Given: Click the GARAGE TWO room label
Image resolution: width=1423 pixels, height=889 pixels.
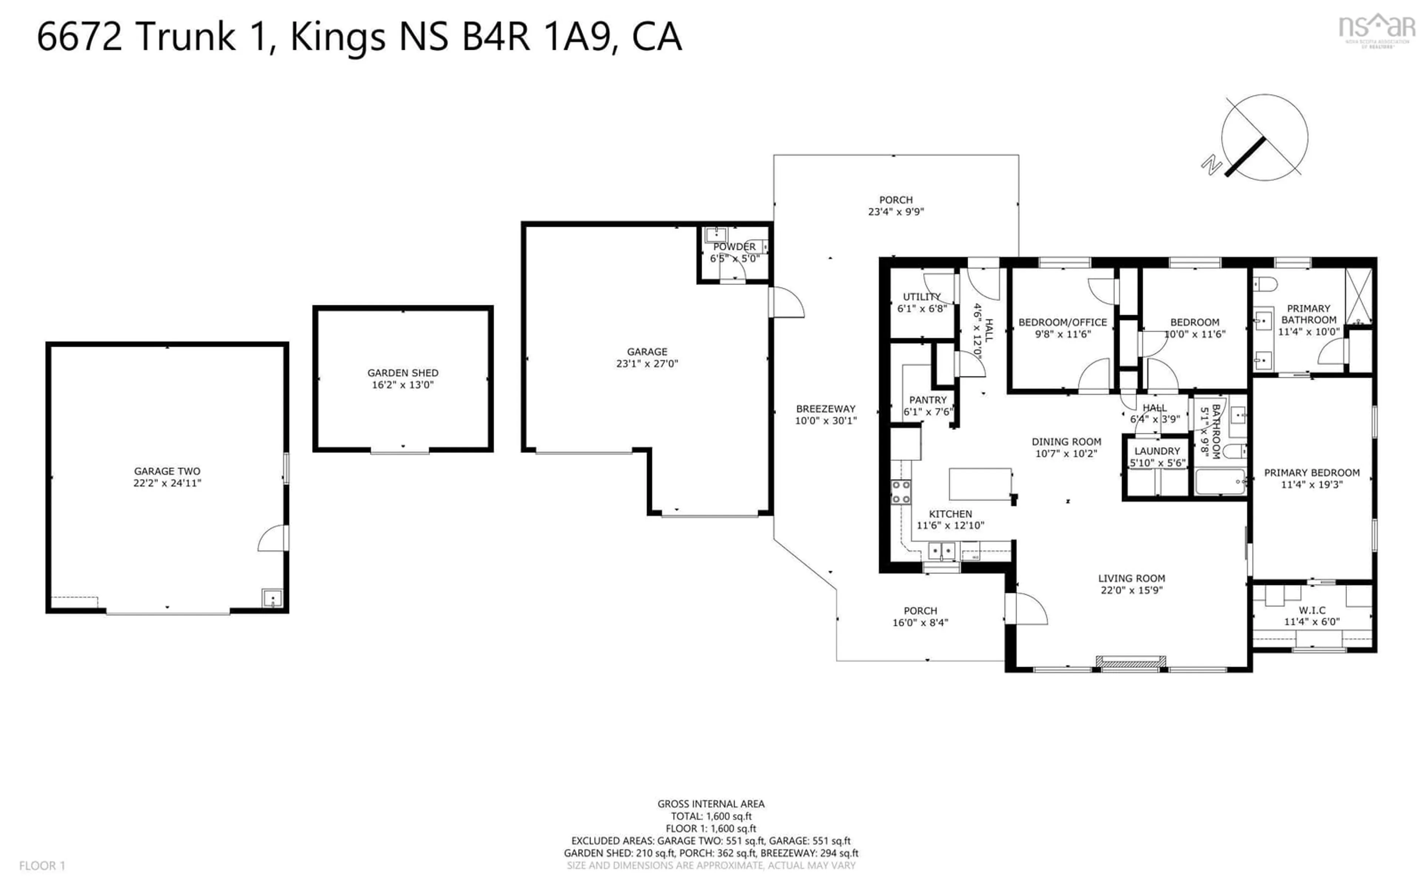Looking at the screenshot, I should [x=167, y=471].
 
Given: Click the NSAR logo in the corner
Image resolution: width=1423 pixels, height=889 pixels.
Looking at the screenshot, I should [x=1377, y=29].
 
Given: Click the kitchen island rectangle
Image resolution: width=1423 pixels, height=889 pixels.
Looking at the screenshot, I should [x=980, y=484].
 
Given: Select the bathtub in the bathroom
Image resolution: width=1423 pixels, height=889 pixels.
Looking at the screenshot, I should [x=1220, y=482].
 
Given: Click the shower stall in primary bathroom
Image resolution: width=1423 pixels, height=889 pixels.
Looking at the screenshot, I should [x=1358, y=296].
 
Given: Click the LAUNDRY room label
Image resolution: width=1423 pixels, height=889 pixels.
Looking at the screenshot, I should [x=1157, y=451].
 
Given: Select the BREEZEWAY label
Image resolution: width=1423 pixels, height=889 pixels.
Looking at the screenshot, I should [x=826, y=409].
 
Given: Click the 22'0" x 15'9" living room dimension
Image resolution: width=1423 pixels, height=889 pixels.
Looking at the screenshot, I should [x=1131, y=590].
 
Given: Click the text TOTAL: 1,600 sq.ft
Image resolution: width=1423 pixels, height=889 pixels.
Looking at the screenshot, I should [x=711, y=816].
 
